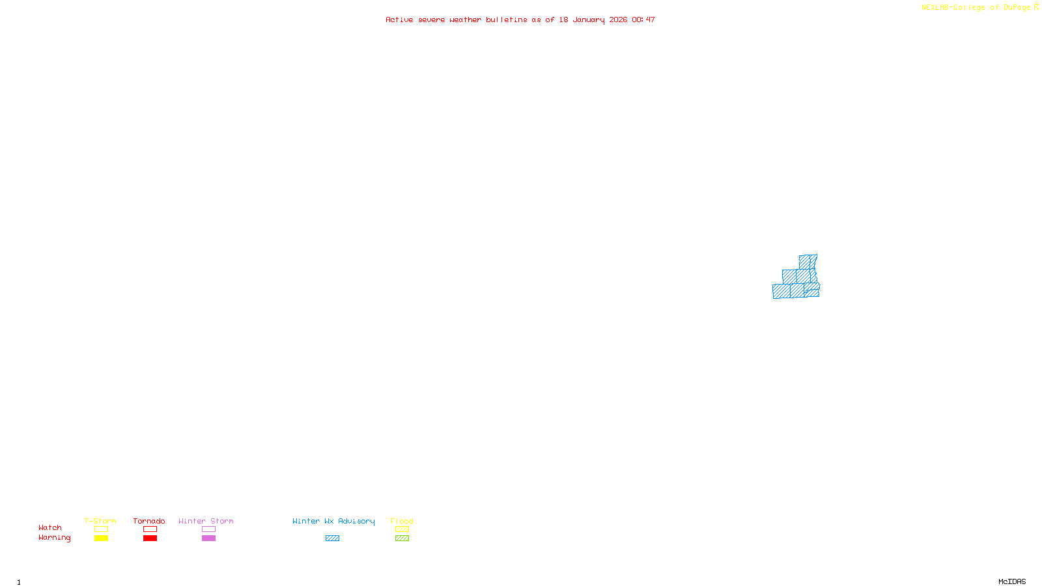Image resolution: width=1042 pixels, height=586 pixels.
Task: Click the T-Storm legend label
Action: click(100, 521)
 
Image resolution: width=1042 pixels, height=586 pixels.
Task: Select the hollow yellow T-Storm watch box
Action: click(101, 529)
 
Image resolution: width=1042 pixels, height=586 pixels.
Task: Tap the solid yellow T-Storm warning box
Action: click(101, 538)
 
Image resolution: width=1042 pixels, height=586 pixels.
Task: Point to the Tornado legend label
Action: click(149, 521)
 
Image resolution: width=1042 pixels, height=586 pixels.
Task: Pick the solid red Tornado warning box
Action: click(150, 538)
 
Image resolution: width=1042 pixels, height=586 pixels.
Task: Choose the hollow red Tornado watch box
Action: click(150, 529)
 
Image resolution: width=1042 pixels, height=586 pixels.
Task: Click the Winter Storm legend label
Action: click(206, 521)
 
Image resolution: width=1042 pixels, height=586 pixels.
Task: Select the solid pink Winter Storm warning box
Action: click(208, 538)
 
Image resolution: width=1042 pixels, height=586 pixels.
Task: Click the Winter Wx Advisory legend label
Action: click(333, 521)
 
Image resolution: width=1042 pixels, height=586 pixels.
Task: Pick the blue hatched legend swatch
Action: click(332, 538)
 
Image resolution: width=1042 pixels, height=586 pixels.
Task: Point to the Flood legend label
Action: click(402, 521)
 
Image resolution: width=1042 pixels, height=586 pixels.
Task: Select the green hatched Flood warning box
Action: click(402, 538)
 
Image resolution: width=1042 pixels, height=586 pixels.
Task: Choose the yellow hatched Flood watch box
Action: click(402, 529)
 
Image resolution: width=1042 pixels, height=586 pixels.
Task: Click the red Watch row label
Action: click(50, 527)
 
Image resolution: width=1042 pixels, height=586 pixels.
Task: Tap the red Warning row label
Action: click(54, 538)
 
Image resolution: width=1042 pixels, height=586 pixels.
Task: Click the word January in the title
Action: click(589, 20)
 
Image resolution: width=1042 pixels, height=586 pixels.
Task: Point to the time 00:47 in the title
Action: click(643, 20)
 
